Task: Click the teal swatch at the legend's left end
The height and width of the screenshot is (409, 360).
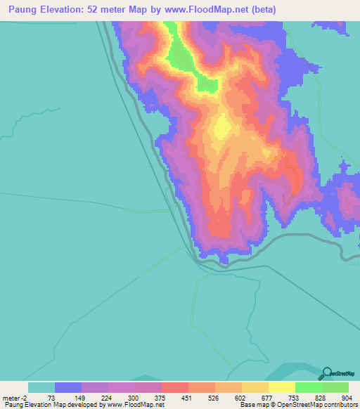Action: tap(41, 387)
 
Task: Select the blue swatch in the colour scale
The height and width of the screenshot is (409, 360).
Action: tap(68, 387)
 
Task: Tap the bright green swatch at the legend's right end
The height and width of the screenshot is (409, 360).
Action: tap(335, 387)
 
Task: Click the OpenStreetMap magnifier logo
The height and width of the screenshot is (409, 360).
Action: tap(327, 372)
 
